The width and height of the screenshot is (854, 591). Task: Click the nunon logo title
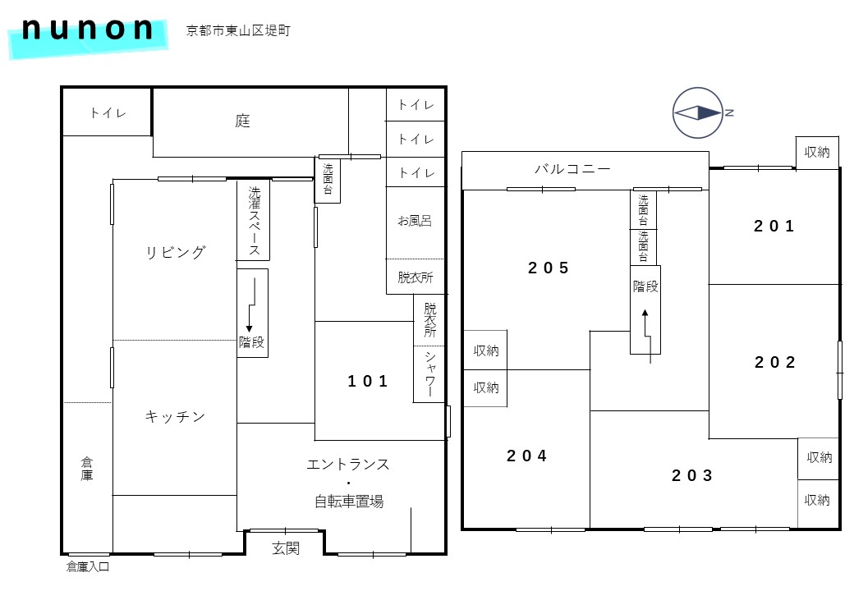click(x=87, y=30)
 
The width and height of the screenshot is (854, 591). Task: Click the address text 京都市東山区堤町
click(x=238, y=30)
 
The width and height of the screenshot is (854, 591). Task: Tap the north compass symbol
click(x=699, y=112)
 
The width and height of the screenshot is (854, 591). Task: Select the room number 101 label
click(x=368, y=381)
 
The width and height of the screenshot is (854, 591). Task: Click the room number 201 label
click(x=774, y=226)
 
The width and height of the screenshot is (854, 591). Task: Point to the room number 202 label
click(x=774, y=362)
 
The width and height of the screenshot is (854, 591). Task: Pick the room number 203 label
click(x=691, y=475)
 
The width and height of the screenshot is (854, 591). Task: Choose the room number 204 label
click(x=526, y=456)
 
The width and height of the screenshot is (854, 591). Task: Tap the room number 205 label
click(x=548, y=268)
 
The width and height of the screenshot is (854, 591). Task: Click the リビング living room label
click(x=176, y=252)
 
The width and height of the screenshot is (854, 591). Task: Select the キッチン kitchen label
click(x=175, y=416)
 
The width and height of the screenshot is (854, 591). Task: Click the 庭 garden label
click(x=243, y=121)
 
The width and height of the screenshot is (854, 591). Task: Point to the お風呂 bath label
click(x=415, y=221)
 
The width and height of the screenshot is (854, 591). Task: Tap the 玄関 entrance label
click(x=286, y=548)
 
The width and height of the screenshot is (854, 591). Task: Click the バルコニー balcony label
click(x=572, y=169)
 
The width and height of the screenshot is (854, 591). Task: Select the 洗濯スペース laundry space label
click(x=254, y=221)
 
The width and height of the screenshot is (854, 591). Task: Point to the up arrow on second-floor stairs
click(x=648, y=337)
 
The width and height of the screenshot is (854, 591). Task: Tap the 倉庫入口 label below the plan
click(x=88, y=567)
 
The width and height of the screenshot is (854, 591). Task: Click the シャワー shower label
click(x=429, y=373)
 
